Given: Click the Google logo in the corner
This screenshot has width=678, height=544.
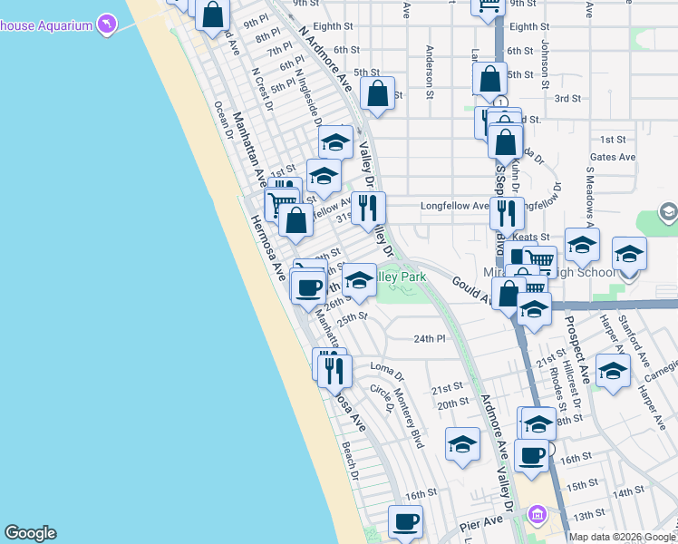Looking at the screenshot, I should pos(30,533).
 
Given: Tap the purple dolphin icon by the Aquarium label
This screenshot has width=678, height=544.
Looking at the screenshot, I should pos(107,24).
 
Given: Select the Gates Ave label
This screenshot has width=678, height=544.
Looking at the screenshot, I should pos(614,157).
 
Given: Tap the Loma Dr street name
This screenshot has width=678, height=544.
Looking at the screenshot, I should pos(387,366).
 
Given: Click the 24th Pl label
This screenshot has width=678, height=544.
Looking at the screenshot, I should pos(430,339).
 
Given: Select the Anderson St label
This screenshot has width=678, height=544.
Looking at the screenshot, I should pos(430,72).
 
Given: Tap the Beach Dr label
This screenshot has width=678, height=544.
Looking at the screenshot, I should pos(350,460).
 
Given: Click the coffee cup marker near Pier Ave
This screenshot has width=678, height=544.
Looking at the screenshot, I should pos(405,520).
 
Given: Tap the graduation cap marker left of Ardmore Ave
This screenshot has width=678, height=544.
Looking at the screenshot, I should pos(463,443).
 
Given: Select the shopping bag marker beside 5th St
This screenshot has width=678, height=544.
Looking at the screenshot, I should pos(377,92).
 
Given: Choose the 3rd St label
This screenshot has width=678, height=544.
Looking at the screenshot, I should pos(567,98).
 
